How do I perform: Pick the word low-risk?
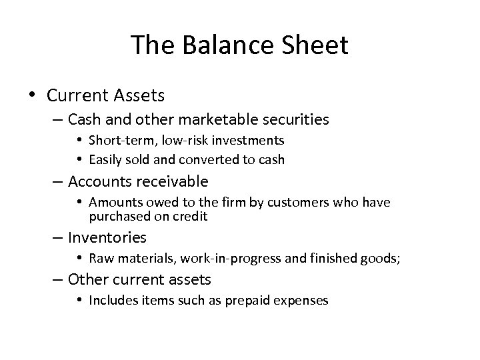tap(189, 141)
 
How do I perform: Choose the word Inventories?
tap(107, 237)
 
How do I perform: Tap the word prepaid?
tap(254, 300)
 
